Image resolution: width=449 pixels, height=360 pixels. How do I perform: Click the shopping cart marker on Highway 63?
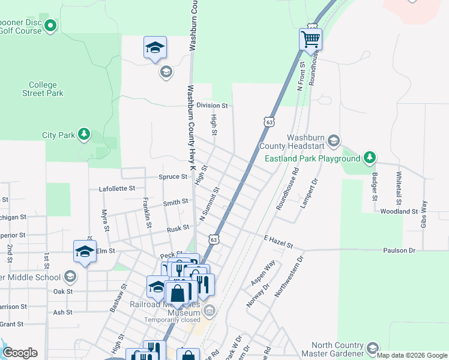tap(310, 40)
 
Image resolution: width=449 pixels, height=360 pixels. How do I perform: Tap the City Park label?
tap(58, 135)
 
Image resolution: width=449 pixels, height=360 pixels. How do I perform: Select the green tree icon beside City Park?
tap(85, 134)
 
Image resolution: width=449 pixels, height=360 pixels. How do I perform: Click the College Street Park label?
tap(43, 89)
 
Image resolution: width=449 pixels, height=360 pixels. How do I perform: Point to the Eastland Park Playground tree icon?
tap(370, 158)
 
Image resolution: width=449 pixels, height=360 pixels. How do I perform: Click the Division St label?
tap(212, 105)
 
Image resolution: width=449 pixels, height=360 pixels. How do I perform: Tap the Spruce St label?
tap(173, 177)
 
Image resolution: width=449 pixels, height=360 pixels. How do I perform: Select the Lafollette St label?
tap(117, 188)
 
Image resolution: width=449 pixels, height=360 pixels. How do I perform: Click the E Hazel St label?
tap(278, 242)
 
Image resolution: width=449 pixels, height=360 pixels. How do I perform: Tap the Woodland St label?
tap(399, 211)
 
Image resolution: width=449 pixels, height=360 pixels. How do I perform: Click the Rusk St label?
tap(178, 228)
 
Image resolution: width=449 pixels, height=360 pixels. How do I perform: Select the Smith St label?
tap(176, 203)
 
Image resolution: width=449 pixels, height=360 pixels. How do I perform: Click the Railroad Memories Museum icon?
tap(209, 310)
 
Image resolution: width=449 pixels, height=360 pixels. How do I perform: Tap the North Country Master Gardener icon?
tap(372, 348)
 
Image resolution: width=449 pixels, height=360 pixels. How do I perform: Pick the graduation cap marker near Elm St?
tap(85, 251)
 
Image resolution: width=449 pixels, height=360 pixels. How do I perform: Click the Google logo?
tap(20, 353)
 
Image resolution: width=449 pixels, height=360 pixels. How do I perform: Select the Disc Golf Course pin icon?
tap(51, 25)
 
